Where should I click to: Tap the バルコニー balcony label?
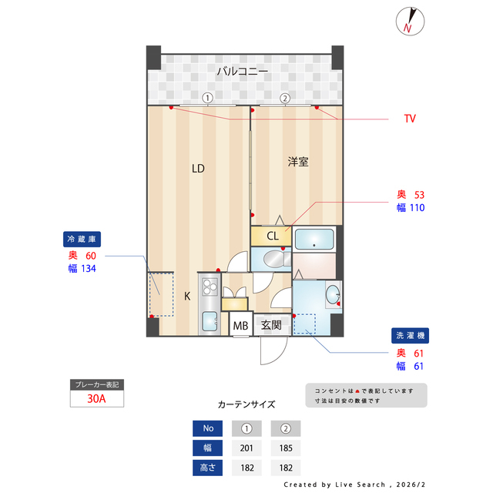point(242,72)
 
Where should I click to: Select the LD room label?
point(198,168)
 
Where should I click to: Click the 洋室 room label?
point(298,162)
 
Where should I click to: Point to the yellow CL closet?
point(273,236)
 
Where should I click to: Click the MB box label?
point(241,326)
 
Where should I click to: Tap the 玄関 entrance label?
point(270,325)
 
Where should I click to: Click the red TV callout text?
point(410,119)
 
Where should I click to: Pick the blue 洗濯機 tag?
point(410,336)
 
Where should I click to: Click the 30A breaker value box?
point(97,399)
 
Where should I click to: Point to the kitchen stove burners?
point(210,287)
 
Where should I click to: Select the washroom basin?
point(332,294)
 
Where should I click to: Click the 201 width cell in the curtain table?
point(246,448)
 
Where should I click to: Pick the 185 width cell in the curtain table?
point(285,448)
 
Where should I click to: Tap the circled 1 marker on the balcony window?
point(207,98)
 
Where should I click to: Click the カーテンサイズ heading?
point(246,404)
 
